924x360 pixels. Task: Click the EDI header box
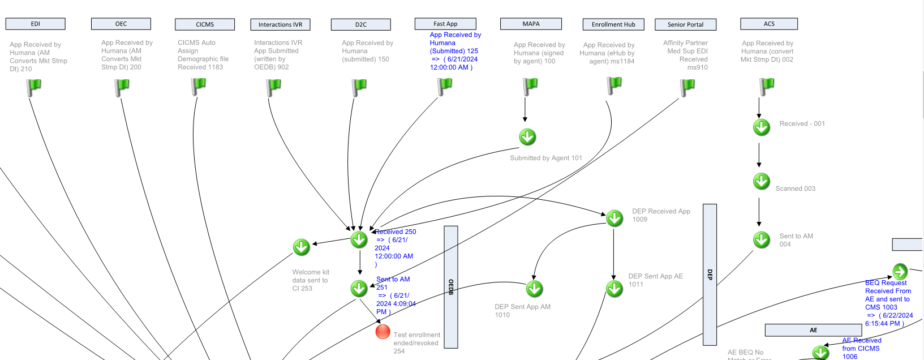pos(35,24)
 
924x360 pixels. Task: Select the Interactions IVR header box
pos(280,24)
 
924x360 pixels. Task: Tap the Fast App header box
pos(445,24)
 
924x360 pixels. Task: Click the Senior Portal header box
pos(685,24)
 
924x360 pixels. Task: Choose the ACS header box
pos(768,24)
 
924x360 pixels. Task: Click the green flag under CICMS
pos(198,87)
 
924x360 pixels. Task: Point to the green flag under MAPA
pos(530,87)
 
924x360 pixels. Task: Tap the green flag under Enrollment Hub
pos(614,85)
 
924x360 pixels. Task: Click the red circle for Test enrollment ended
pos(383,332)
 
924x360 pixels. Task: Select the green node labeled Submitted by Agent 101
pos(527,137)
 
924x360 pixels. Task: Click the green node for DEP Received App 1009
pos(614,218)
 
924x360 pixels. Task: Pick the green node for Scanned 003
pos(762,181)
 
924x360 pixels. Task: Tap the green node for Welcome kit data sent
pos(302,247)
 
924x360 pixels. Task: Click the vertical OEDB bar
pos(451,287)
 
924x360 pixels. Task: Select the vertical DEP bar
pos(710,275)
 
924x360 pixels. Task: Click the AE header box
pos(813,330)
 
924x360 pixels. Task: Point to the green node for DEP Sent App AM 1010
pos(534,289)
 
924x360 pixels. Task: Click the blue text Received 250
pos(396,232)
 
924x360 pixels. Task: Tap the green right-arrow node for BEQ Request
pos(900,271)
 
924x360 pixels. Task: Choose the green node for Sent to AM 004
pos(762,239)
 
